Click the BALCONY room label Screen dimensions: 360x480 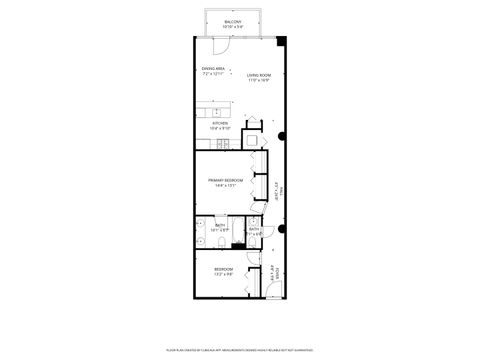(232, 20)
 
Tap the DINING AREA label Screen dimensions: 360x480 (213, 69)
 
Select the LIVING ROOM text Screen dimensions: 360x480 (260, 76)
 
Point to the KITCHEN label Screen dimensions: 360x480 (219, 123)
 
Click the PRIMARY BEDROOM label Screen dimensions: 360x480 (226, 180)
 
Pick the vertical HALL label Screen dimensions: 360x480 (282, 189)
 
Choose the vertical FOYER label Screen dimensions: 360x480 (275, 272)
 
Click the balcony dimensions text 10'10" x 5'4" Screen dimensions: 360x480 (232, 26)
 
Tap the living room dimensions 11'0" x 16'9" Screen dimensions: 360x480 (260, 81)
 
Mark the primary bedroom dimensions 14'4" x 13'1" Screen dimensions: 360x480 (226, 186)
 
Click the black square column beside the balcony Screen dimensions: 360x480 (281, 42)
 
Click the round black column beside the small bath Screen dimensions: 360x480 (283, 229)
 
